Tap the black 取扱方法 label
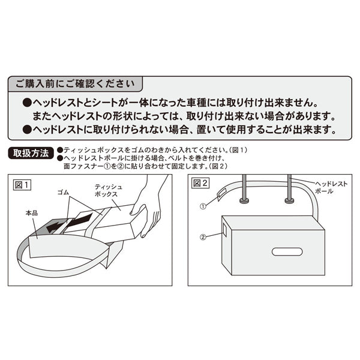click(x=31, y=152)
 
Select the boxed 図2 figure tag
click(x=201, y=184)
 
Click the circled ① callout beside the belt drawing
click(x=204, y=205)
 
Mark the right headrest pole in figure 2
click(x=289, y=189)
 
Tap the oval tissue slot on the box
click(x=287, y=251)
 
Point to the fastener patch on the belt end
click(x=220, y=196)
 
